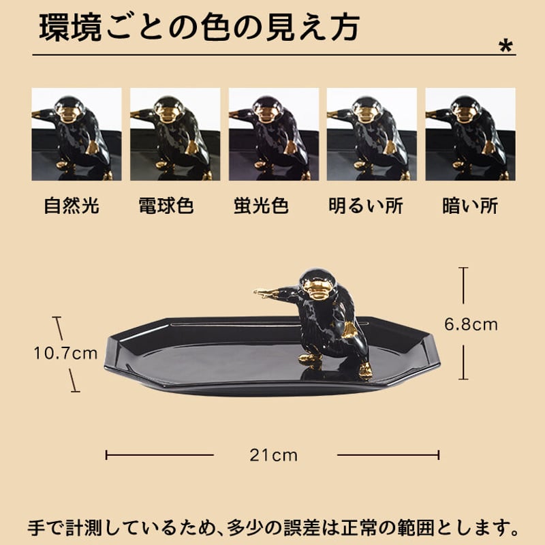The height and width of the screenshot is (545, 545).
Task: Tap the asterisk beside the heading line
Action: (x=505, y=46)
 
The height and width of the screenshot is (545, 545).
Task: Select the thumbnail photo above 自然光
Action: (x=76, y=134)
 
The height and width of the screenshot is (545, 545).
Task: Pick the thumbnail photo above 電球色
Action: (x=174, y=134)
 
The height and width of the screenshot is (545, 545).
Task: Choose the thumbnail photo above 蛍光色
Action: (x=273, y=134)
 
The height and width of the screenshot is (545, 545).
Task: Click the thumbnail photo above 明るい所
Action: (x=371, y=134)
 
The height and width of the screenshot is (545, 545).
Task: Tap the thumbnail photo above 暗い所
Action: (x=470, y=134)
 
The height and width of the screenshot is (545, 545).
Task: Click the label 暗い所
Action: (x=470, y=206)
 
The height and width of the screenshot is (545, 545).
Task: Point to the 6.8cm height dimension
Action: (x=471, y=324)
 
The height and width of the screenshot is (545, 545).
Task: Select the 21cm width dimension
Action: (x=275, y=455)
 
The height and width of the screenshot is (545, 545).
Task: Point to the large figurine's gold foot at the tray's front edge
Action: (x=365, y=371)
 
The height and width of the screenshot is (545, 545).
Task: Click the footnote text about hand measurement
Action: (x=272, y=528)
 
